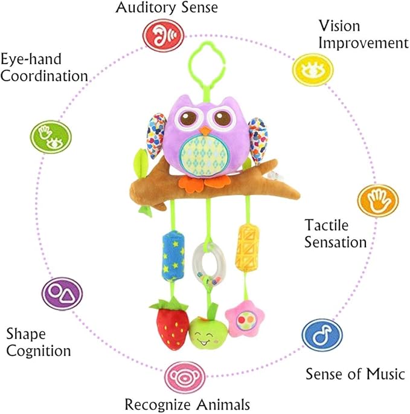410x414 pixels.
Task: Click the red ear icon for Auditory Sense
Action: [163, 36]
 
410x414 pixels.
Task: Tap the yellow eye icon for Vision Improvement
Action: [313, 70]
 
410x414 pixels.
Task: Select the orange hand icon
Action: [378, 201]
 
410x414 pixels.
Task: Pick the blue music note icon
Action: [322, 335]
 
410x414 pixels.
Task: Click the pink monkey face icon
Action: [185, 378]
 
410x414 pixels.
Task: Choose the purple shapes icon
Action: [62, 294]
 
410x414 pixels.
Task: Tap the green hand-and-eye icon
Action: [51, 137]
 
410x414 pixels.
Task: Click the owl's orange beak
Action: [205, 131]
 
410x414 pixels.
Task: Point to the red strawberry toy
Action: [170, 323]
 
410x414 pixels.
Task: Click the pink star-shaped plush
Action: [245, 320]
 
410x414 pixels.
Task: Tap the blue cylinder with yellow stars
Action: [173, 256]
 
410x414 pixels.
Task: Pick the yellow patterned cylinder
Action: [247, 248]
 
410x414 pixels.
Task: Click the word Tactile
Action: [326, 225]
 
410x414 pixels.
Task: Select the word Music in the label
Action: [385, 374]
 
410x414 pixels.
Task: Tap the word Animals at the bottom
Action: [223, 404]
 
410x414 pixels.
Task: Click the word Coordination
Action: [44, 76]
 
